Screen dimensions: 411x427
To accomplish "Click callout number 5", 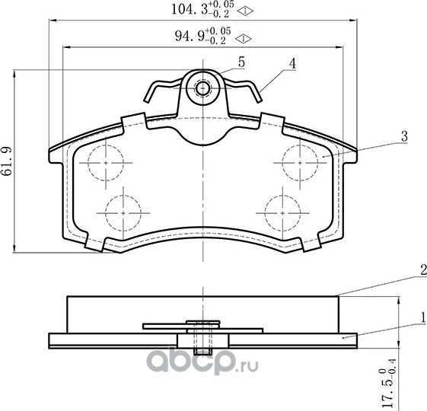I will coord(241,62).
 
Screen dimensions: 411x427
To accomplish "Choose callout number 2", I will coord(421,269).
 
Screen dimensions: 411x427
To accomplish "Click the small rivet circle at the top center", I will coord(202,88).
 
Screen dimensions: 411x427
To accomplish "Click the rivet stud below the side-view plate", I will coord(202,346).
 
